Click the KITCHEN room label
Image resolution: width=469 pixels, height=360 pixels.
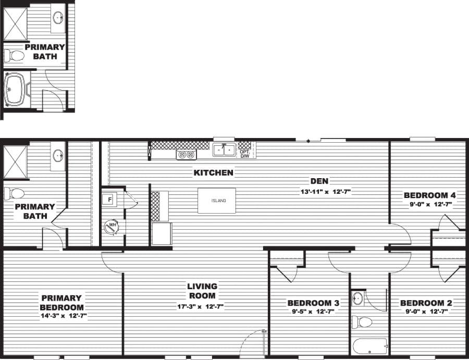(x=214, y=172)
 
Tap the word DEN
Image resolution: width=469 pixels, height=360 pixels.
(x=319, y=181)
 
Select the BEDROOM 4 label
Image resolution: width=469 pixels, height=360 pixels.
(x=430, y=195)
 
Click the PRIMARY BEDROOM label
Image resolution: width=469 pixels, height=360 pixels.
(x=61, y=303)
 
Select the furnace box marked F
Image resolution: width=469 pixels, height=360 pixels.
(x=110, y=199)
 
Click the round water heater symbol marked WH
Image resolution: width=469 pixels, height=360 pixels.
(x=111, y=226)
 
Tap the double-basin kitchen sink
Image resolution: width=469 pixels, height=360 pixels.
(x=225, y=150)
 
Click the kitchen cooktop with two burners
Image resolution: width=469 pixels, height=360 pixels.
(x=186, y=154)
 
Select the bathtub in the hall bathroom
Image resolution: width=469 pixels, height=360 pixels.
(x=369, y=344)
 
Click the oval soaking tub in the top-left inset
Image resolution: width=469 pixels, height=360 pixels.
(x=15, y=89)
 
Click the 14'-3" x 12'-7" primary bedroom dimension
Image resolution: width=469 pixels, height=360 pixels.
(x=61, y=315)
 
